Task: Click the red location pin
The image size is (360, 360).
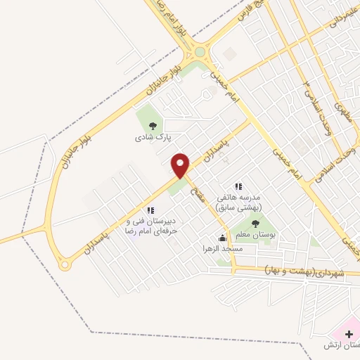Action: pos(181,165)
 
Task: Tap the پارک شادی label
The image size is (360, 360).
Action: pos(148,138)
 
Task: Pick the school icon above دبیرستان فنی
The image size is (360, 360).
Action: pos(150,210)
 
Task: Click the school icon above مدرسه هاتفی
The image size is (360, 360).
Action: pos(238,186)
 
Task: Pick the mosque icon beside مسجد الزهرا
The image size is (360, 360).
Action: pos(223,238)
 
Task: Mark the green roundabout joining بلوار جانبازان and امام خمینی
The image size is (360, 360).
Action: pos(200,51)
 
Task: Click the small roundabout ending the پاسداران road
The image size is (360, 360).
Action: pos(65,265)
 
